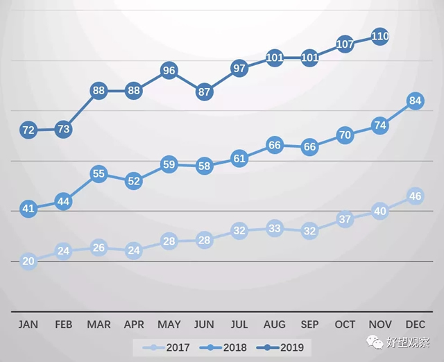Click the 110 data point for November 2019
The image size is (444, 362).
(380, 37)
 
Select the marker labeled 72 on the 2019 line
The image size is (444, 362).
(28, 130)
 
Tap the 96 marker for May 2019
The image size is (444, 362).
(169, 70)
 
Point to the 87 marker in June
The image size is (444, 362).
(204, 92)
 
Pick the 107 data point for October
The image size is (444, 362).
(345, 44)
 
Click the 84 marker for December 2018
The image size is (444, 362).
(416, 101)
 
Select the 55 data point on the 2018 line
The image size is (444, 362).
(99, 174)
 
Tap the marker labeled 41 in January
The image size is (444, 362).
(28, 208)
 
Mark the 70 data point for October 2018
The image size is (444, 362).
(345, 135)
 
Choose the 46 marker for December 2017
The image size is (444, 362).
(416, 196)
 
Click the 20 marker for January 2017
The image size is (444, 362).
(28, 261)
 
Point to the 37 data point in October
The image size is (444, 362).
(345, 219)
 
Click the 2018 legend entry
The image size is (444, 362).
(225, 345)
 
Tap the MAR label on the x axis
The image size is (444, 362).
(99, 325)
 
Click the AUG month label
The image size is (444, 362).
(275, 325)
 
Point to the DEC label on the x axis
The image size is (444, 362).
(416, 325)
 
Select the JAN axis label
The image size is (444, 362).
(28, 325)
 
